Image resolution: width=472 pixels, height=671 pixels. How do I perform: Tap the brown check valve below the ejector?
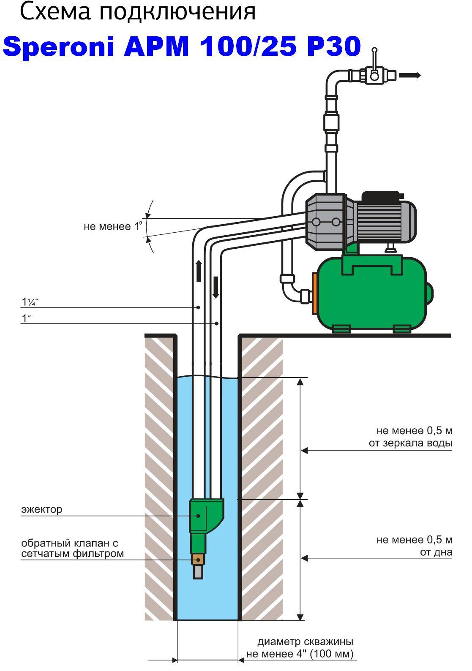coord(198,560)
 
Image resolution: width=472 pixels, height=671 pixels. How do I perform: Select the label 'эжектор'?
coord(41,509)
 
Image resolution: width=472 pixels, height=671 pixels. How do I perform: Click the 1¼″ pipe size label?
coord(30,302)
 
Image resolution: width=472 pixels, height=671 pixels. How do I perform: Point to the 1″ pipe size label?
coord(27,318)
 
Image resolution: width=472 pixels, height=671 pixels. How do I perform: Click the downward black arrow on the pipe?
coord(216,287)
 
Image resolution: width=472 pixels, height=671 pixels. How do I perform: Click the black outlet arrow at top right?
coord(410,76)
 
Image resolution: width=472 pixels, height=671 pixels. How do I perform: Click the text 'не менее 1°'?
coord(112,227)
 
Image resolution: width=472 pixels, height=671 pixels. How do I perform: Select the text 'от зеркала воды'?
coord(410,443)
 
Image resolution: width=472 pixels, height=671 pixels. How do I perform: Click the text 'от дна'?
coord(436,552)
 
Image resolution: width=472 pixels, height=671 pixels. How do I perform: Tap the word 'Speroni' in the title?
coord(59,46)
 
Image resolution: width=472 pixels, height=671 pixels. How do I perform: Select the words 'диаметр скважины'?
coord(306,642)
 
